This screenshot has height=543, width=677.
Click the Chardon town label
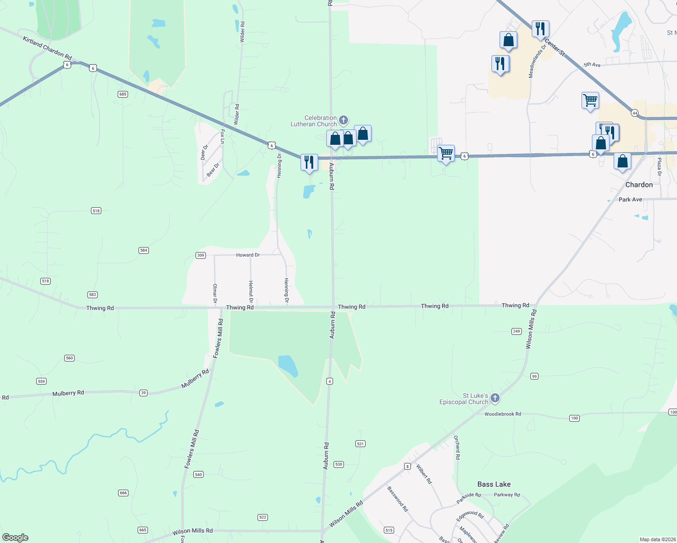pyautogui.click(x=639, y=185)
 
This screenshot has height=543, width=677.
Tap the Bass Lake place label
pyautogui.click(x=494, y=484)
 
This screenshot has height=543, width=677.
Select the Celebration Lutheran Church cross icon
pyautogui.click(x=343, y=120)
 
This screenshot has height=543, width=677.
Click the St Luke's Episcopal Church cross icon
pyautogui.click(x=495, y=398)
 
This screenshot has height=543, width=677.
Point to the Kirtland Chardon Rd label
pyautogui.click(x=47, y=48)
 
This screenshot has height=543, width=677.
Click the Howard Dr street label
pyautogui.click(x=248, y=255)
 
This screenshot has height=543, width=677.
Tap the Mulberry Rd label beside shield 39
pyautogui.click(x=68, y=393)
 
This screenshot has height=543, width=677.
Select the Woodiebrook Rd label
pyautogui.click(x=503, y=414)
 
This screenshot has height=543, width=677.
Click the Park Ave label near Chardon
pyautogui.click(x=630, y=200)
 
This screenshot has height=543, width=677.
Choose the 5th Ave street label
pyautogui.click(x=592, y=65)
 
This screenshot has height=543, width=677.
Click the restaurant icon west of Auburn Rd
pyautogui.click(x=309, y=162)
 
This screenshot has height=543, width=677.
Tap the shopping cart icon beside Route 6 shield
pyautogui.click(x=446, y=153)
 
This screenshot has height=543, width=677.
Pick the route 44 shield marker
pyautogui.click(x=635, y=113)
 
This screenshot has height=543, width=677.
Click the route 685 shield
pyautogui.click(x=123, y=94)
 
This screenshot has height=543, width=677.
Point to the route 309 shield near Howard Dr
pyautogui.click(x=201, y=255)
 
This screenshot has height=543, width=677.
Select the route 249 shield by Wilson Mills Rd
pyautogui.click(x=517, y=331)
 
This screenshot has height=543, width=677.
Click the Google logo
pyautogui.click(x=15, y=538)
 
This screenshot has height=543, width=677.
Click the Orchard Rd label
pyautogui.click(x=457, y=448)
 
